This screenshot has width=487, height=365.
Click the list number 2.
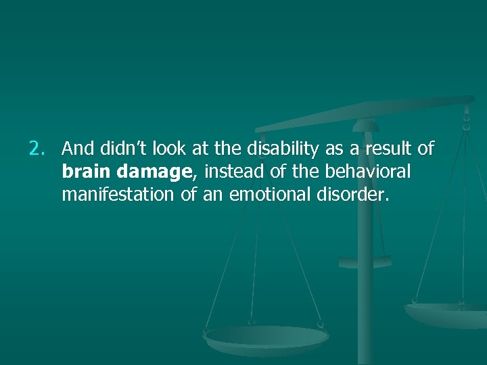[x=37, y=147]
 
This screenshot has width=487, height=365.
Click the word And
[x=76, y=147]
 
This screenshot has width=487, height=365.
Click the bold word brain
[x=84, y=172]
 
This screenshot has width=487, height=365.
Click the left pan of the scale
[x=266, y=337]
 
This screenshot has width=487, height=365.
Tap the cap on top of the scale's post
[x=365, y=125]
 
